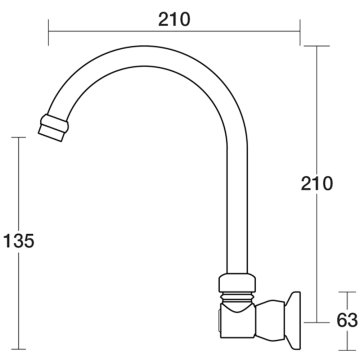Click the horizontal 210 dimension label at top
pyautogui.click(x=174, y=19)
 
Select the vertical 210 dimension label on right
pyautogui.click(x=317, y=183)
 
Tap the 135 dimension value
pyautogui.click(x=19, y=241)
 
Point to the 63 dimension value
pyautogui.click(x=347, y=321)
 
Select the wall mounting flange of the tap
pyautogui.click(x=294, y=321)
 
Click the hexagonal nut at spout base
pyautogui.click(x=237, y=283)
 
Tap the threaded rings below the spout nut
pyautogui.click(x=237, y=297)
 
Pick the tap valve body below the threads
pyautogui.click(x=238, y=319)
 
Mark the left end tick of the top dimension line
pyautogui.click(x=49, y=32)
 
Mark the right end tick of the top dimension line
pyautogui.click(x=300, y=32)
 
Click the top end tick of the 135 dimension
pyautogui.click(x=19, y=137)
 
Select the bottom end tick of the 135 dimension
pyautogui.click(x=19, y=349)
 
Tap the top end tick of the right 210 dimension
pyautogui.click(x=317, y=46)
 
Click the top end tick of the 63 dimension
pyautogui.click(x=347, y=292)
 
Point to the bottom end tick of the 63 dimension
pyautogui.click(x=347, y=350)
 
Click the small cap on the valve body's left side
pyautogui.click(x=218, y=321)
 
